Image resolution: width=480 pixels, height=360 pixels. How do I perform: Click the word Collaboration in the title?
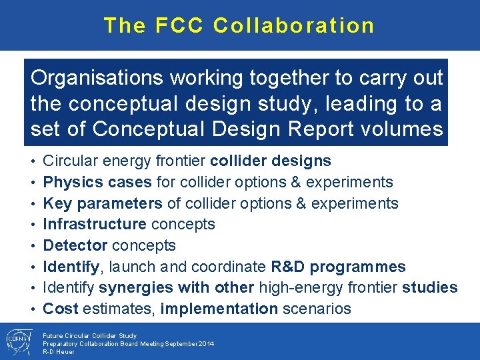pyautogui.click(x=294, y=25)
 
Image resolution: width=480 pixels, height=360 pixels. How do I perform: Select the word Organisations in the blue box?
pyautogui.click(x=97, y=78)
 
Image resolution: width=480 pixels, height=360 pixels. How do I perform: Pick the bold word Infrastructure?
pyautogui.click(x=94, y=224)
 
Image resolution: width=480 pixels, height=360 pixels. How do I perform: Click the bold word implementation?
pyautogui.click(x=219, y=309)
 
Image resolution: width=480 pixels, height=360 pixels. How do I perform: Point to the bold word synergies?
pyautogui.click(x=135, y=287)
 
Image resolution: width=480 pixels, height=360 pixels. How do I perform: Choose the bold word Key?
pyautogui.click(x=56, y=203)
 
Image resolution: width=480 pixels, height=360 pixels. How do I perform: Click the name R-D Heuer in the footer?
pyautogui.click(x=59, y=351)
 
